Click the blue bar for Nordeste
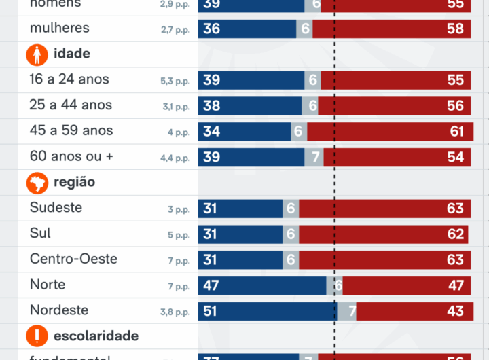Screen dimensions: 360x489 [x=267, y=310]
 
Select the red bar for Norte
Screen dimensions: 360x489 [x=406, y=285]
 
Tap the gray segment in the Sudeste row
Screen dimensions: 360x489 [x=291, y=209]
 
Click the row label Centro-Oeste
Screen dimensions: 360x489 [x=73, y=259]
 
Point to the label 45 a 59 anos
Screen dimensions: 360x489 [x=71, y=130]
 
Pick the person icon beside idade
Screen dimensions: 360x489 [x=37, y=54]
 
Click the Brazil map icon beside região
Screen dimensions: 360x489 [x=37, y=183]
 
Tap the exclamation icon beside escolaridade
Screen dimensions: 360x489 [x=37, y=336]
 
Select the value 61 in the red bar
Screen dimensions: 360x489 [x=457, y=131]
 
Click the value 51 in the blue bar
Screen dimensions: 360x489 [x=211, y=311]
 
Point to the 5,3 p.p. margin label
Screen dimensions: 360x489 [x=175, y=81]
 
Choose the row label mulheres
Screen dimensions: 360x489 [x=60, y=29]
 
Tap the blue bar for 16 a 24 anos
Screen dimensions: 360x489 [x=251, y=80]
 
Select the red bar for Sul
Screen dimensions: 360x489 [x=382, y=234]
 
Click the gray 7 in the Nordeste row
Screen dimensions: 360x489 [x=352, y=311]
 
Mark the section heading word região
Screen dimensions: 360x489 [x=74, y=182]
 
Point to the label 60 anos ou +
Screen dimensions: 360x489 [x=71, y=156]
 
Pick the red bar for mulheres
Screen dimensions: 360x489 [x=391, y=29]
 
